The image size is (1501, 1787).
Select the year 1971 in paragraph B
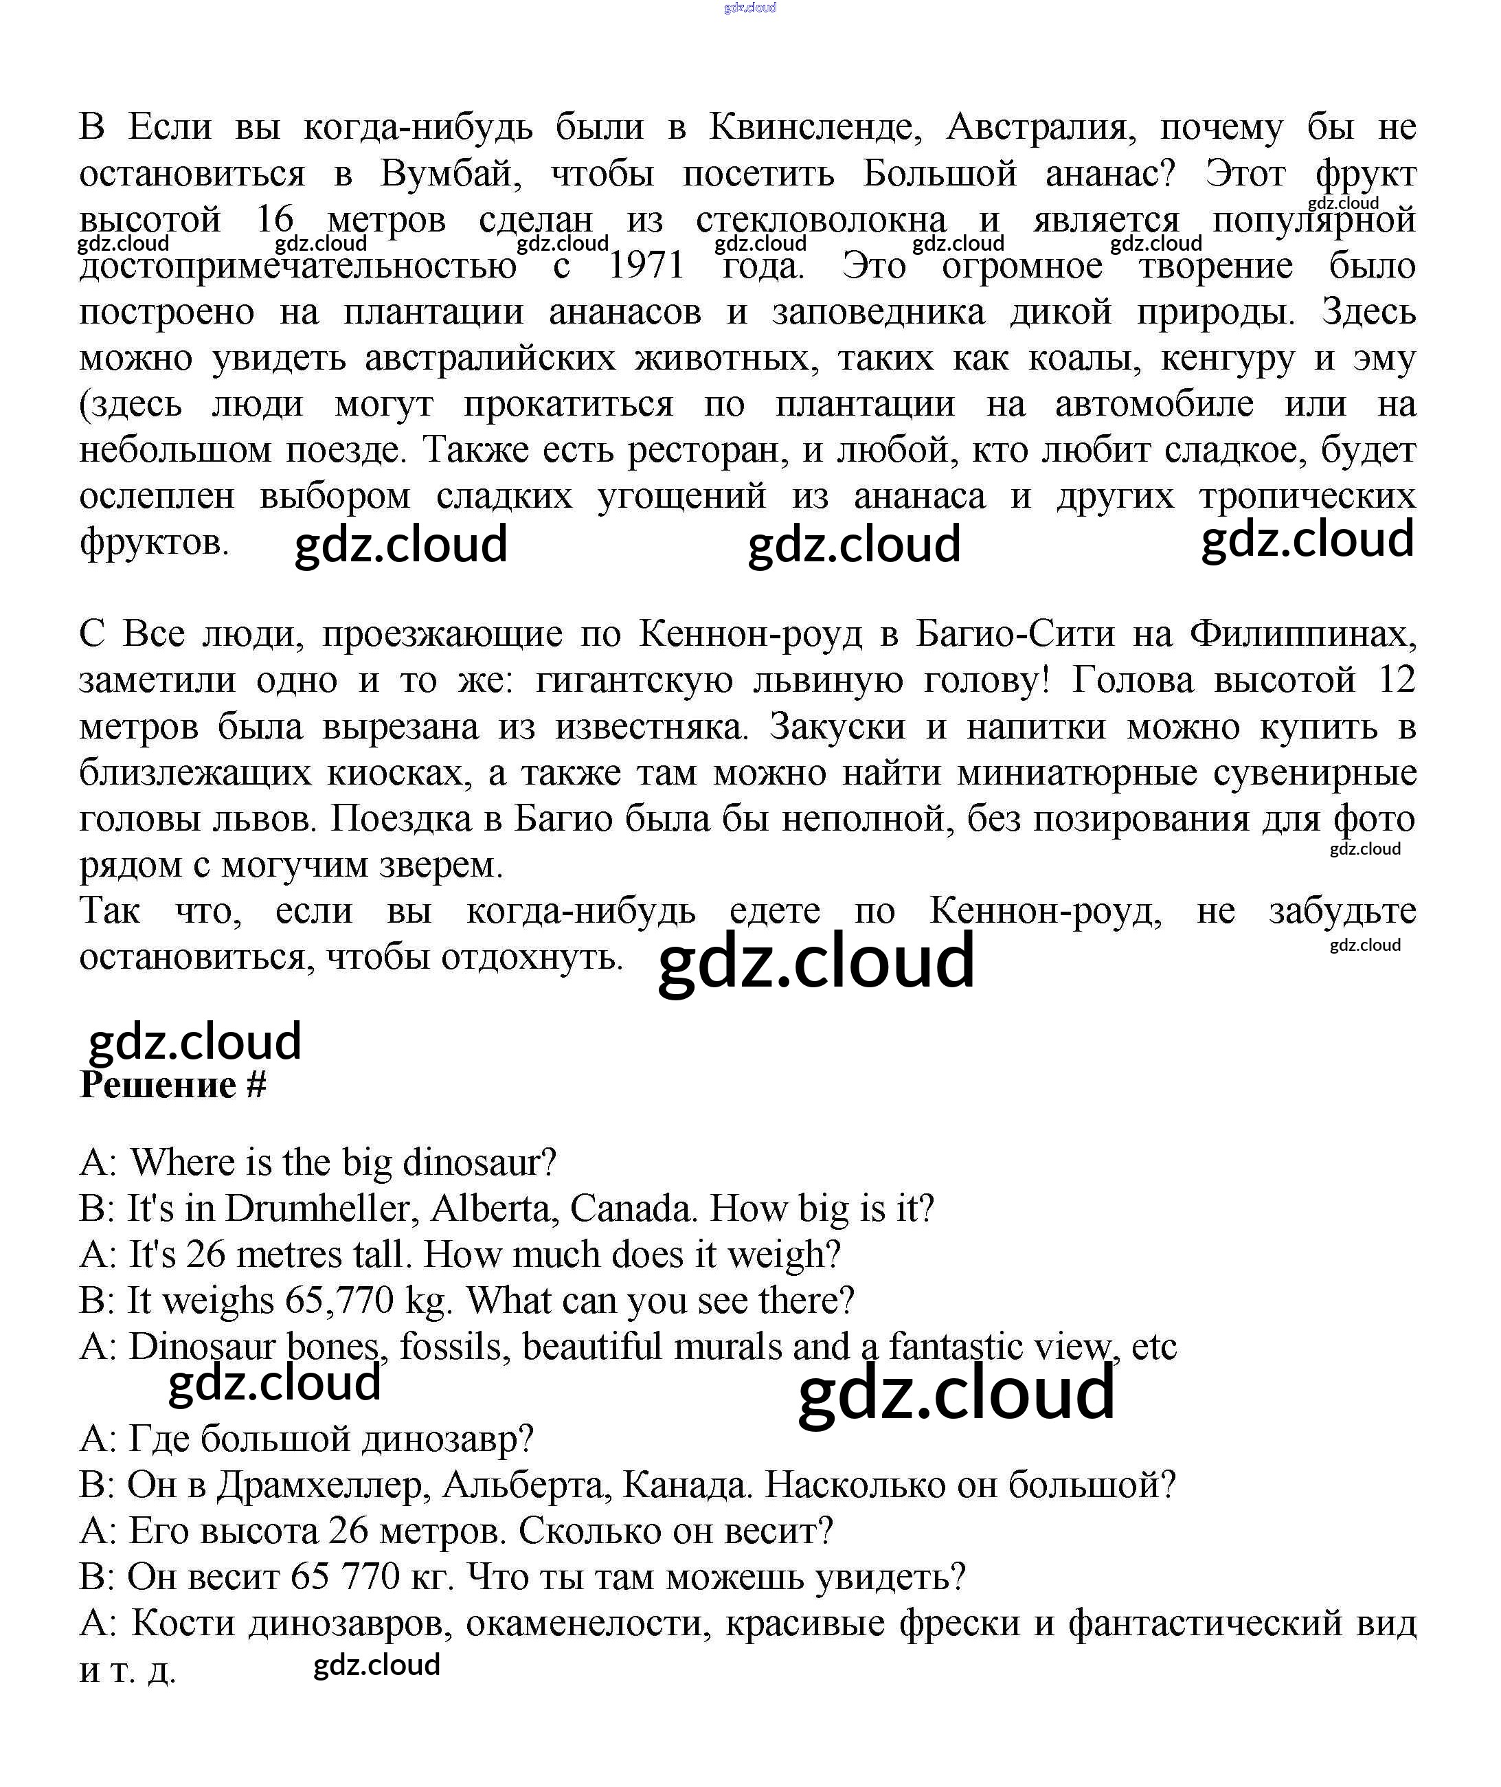point(646,267)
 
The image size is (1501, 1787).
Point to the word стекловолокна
point(820,221)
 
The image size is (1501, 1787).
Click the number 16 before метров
point(275,221)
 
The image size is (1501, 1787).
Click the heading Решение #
point(172,1085)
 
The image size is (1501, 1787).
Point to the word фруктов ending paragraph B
point(154,542)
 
